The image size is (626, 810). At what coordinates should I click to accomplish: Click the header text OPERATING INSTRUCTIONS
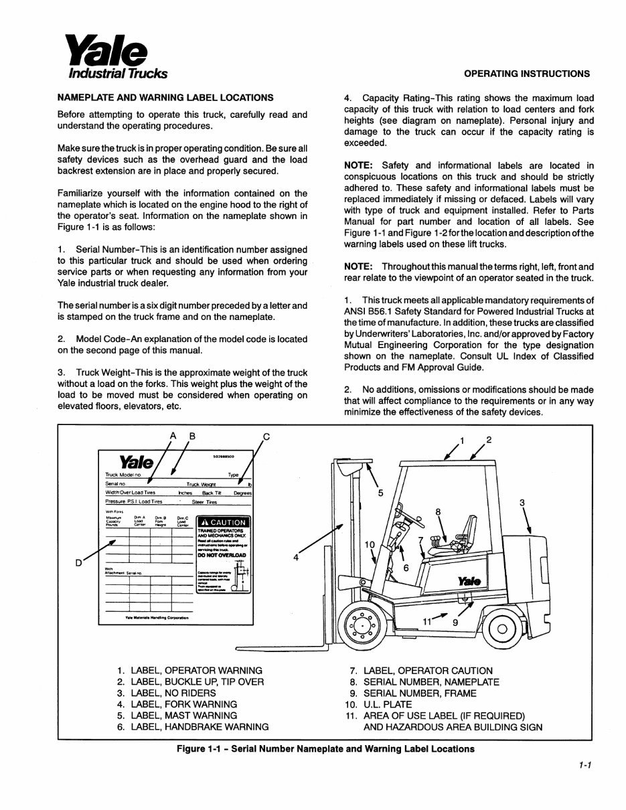click(x=527, y=74)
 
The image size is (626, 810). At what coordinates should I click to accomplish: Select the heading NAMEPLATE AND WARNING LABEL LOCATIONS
click(x=165, y=97)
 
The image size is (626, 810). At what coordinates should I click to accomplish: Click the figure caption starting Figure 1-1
click(x=325, y=749)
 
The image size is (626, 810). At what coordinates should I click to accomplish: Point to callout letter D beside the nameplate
click(x=78, y=563)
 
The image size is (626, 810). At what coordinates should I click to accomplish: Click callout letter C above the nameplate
click(x=266, y=436)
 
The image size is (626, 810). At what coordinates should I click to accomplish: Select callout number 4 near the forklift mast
click(x=295, y=557)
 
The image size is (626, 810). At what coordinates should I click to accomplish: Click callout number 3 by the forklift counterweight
click(x=522, y=503)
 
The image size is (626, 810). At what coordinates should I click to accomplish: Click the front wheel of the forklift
click(x=364, y=627)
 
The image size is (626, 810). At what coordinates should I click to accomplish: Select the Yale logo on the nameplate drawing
click(x=136, y=463)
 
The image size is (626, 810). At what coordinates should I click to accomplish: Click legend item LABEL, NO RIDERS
click(x=173, y=693)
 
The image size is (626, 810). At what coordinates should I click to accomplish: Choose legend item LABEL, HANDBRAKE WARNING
click(x=200, y=726)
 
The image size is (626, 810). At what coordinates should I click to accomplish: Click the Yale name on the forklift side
click(x=469, y=581)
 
